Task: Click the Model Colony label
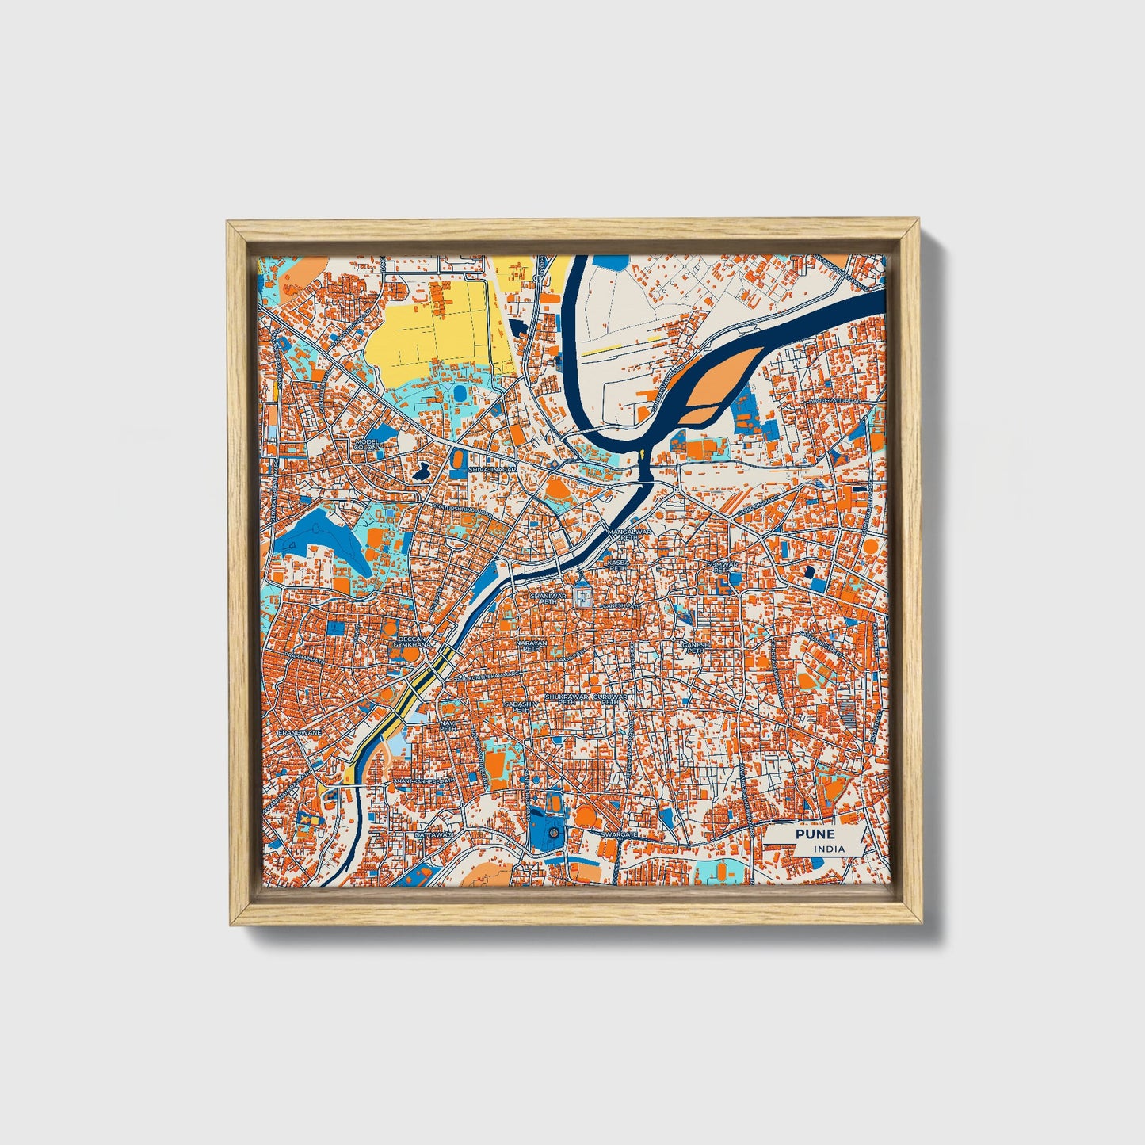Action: point(368,443)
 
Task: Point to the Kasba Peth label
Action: point(617,564)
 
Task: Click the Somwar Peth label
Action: point(722,567)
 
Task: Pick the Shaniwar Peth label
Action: point(544,598)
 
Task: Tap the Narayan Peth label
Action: point(532,646)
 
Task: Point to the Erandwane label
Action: point(300,734)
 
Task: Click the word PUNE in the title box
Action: point(815,834)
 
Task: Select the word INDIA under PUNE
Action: point(829,849)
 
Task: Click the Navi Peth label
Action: point(449,726)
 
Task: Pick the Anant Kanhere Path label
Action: point(424,781)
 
